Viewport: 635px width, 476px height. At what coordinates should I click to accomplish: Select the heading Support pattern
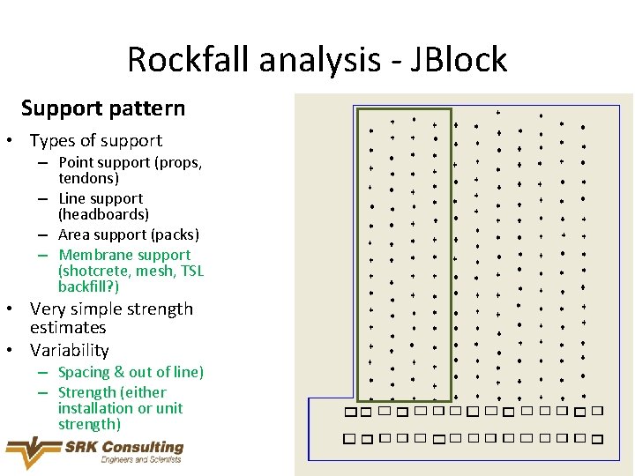pyautogui.click(x=103, y=108)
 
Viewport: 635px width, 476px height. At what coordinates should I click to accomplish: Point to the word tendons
pyautogui.click(x=88, y=178)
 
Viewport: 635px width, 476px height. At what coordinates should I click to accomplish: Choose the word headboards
pyautogui.click(x=103, y=214)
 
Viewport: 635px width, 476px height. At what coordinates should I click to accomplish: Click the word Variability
pyautogui.click(x=69, y=350)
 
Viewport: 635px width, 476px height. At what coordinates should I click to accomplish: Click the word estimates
pyautogui.click(x=68, y=327)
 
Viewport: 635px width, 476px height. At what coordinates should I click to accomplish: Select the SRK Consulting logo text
pyautogui.click(x=123, y=447)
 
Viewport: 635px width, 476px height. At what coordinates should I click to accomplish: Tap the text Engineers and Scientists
pyautogui.click(x=141, y=459)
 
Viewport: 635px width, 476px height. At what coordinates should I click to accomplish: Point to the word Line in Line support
pyautogui.click(x=72, y=198)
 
